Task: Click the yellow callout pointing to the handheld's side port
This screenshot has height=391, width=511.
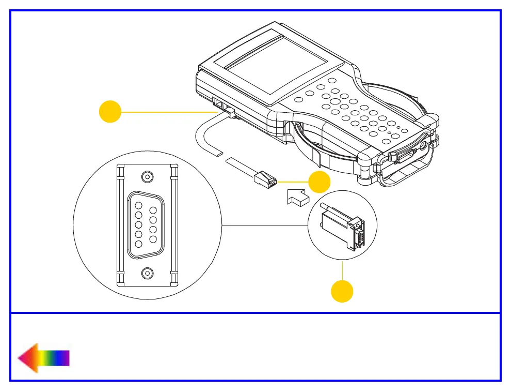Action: click(x=109, y=112)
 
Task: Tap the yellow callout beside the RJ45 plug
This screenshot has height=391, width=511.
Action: click(x=319, y=182)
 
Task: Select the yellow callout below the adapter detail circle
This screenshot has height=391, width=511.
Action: click(x=342, y=291)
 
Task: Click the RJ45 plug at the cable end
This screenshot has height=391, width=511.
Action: click(x=265, y=179)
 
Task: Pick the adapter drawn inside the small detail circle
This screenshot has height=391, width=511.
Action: click(x=342, y=227)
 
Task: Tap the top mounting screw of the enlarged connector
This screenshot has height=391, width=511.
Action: click(x=148, y=176)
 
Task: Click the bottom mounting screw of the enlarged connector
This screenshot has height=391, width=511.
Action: click(x=148, y=273)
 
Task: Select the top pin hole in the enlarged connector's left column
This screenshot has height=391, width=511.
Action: click(x=138, y=205)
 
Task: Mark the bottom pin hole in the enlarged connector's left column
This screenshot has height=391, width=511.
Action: click(x=138, y=243)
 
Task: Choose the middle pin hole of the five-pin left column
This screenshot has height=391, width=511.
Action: click(x=138, y=224)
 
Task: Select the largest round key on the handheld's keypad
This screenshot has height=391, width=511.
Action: click(x=335, y=102)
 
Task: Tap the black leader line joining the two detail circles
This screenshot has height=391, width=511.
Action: click(x=264, y=225)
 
